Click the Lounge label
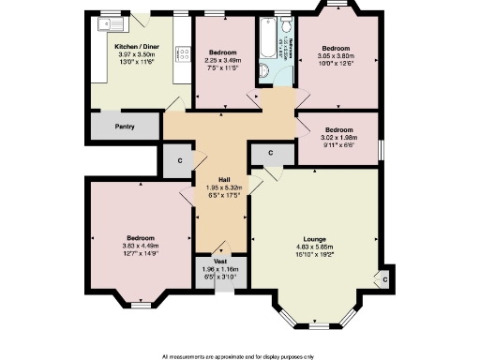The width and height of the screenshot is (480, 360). [315, 240]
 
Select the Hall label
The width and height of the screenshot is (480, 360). [224, 180]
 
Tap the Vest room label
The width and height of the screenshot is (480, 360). [220, 262]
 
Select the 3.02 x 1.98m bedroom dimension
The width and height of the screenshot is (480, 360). [338, 138]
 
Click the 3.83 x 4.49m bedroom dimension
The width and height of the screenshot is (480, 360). [141, 247]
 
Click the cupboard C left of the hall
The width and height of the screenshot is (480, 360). [179, 161]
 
